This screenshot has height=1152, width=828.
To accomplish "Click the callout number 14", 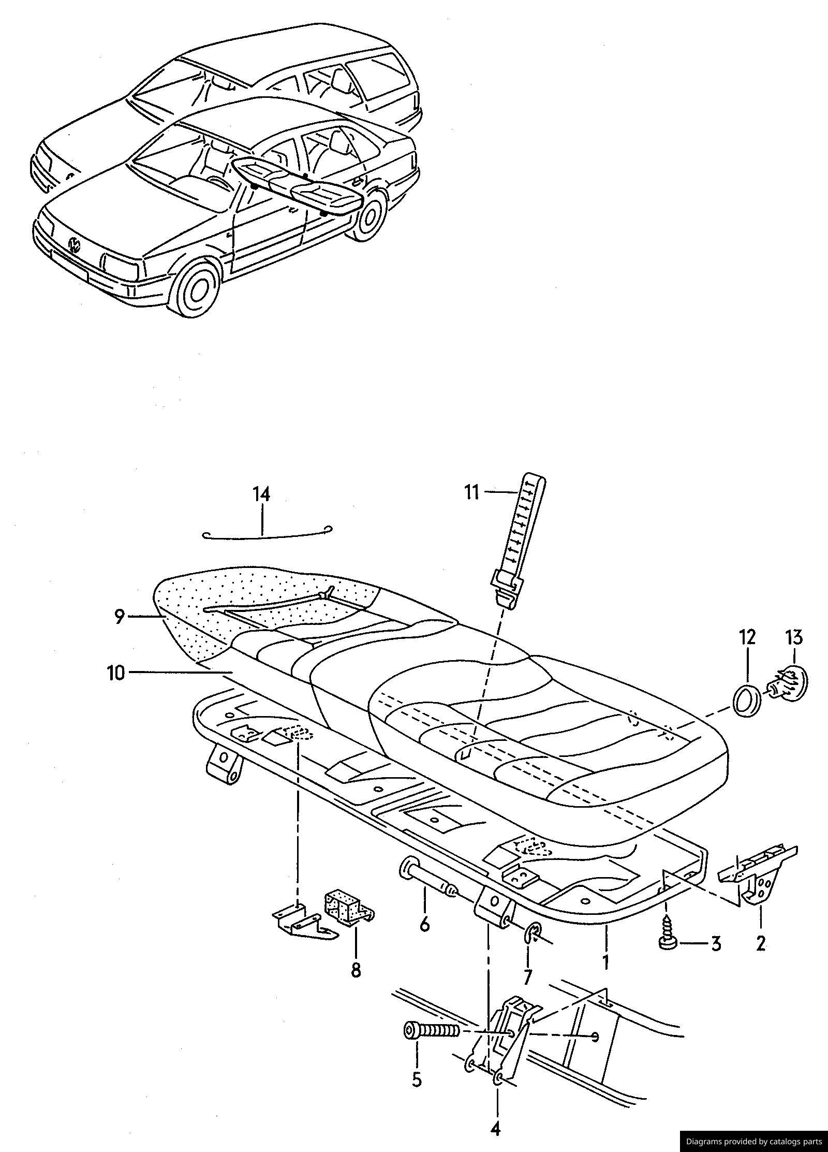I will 262,494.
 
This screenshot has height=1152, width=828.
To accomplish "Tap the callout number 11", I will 471,492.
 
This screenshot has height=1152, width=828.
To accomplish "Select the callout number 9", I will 119,617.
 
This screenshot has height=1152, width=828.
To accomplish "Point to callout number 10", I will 116,673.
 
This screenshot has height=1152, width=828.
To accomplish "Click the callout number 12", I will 748,637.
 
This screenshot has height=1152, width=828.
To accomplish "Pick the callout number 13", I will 795,637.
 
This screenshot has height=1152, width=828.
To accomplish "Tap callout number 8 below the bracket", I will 356,969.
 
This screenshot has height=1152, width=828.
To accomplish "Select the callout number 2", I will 760,943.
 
